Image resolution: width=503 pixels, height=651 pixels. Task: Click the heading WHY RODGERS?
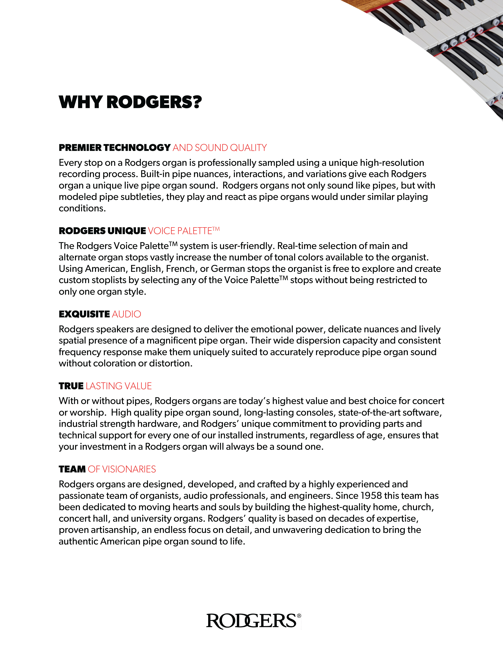[x=130, y=102]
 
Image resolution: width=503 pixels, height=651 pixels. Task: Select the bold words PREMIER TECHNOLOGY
[x=114, y=148]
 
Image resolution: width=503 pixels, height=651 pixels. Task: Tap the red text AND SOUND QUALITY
[x=220, y=148]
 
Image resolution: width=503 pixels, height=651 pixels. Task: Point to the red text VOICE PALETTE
[x=180, y=231]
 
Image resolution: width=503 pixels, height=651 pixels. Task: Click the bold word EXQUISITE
[x=84, y=314]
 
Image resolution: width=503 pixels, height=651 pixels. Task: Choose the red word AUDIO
[x=126, y=314]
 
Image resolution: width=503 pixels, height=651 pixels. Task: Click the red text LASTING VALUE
[x=119, y=386]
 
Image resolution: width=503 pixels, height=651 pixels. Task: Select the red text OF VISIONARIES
[x=122, y=469]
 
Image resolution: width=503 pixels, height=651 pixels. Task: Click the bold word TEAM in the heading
[x=72, y=469]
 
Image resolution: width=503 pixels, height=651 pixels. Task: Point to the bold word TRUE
[x=71, y=386]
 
